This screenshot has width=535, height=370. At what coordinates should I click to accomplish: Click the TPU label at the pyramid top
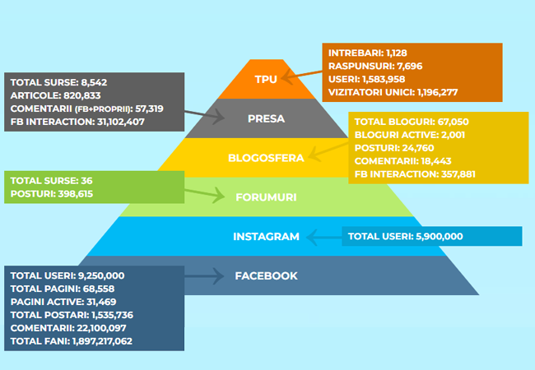pyautogui.click(x=266, y=79)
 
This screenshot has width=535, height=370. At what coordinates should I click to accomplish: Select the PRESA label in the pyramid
pyautogui.click(x=266, y=118)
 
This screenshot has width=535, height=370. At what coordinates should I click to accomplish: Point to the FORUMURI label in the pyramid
pyautogui.click(x=266, y=197)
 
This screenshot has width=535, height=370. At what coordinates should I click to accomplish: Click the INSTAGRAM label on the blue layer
pyautogui.click(x=266, y=237)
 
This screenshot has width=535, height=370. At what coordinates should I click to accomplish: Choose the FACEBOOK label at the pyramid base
pyautogui.click(x=266, y=276)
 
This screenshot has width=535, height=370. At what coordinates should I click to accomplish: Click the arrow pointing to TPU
pyautogui.click(x=300, y=76)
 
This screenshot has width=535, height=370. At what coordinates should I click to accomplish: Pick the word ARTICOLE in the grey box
pyautogui.click(x=34, y=95)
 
